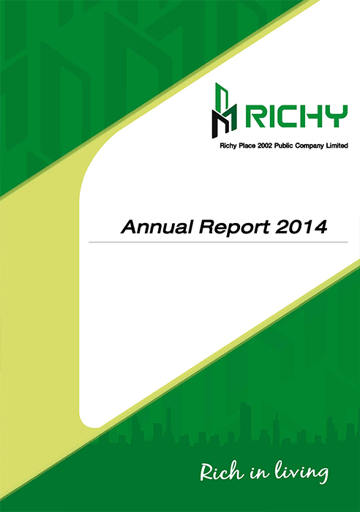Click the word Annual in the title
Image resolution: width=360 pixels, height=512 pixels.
(157, 227)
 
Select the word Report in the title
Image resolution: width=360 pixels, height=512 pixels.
(234, 227)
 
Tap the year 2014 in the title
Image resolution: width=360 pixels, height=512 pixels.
(301, 227)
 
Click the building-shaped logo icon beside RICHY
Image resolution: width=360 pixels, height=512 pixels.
(224, 110)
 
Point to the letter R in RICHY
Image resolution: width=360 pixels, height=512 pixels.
(255, 116)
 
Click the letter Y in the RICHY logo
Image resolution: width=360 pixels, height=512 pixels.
(337, 116)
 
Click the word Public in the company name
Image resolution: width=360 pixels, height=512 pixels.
(284, 146)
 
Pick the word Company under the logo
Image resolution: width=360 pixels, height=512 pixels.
(310, 146)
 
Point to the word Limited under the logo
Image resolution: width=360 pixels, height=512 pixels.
(337, 146)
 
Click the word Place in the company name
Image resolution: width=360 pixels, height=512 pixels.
(247, 146)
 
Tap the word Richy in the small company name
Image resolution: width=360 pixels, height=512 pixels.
(228, 146)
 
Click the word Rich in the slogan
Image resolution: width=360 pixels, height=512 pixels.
(222, 472)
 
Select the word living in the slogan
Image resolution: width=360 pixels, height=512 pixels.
(301, 472)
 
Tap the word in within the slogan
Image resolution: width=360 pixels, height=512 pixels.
(259, 473)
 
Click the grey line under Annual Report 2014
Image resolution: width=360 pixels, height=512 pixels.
(218, 242)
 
